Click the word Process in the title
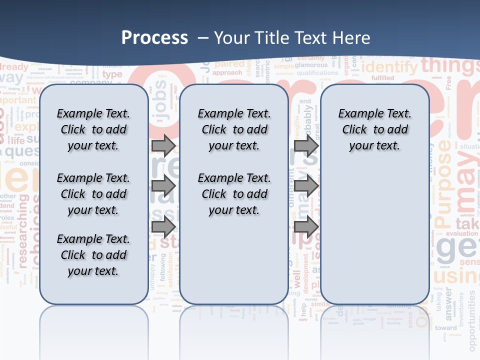pos(154,38)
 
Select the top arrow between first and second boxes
pos(163,145)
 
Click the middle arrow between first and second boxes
pos(163,186)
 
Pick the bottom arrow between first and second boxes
pos(163,227)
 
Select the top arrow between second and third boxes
pos(306,145)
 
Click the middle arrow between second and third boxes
pos(306,186)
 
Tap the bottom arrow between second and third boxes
pos(306,227)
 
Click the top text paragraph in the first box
pos(93,129)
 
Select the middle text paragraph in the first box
pos(93,194)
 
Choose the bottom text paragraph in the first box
pos(93,255)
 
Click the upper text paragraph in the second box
pos(234,129)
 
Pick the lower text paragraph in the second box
pos(234,194)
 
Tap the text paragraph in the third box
pos(375,129)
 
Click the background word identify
pos(389,67)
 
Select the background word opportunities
pos(472,320)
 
